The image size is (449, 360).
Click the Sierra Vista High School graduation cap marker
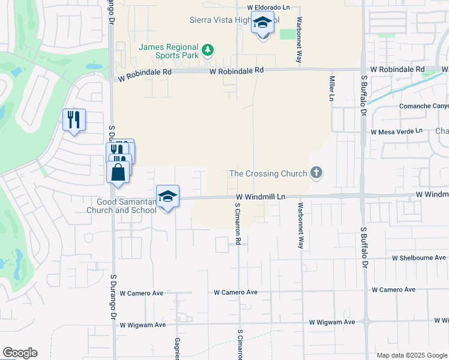click(x=262, y=23)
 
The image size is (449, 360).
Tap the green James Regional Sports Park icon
click(x=208, y=49)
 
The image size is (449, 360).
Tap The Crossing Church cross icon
click(x=316, y=174)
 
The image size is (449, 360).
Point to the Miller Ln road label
click(x=331, y=88)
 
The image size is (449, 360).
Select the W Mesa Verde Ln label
click(x=397, y=131)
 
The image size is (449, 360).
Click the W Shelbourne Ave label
click(x=419, y=257)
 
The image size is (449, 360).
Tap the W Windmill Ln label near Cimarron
click(x=260, y=197)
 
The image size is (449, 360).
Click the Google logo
click(x=20, y=353)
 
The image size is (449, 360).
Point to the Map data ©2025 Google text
click(x=412, y=355)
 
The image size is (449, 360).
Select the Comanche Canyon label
click(x=424, y=106)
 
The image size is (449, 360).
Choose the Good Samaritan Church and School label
click(x=121, y=206)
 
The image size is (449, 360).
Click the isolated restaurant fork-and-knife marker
click(x=74, y=119)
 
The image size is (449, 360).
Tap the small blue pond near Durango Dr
click(x=94, y=66)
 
